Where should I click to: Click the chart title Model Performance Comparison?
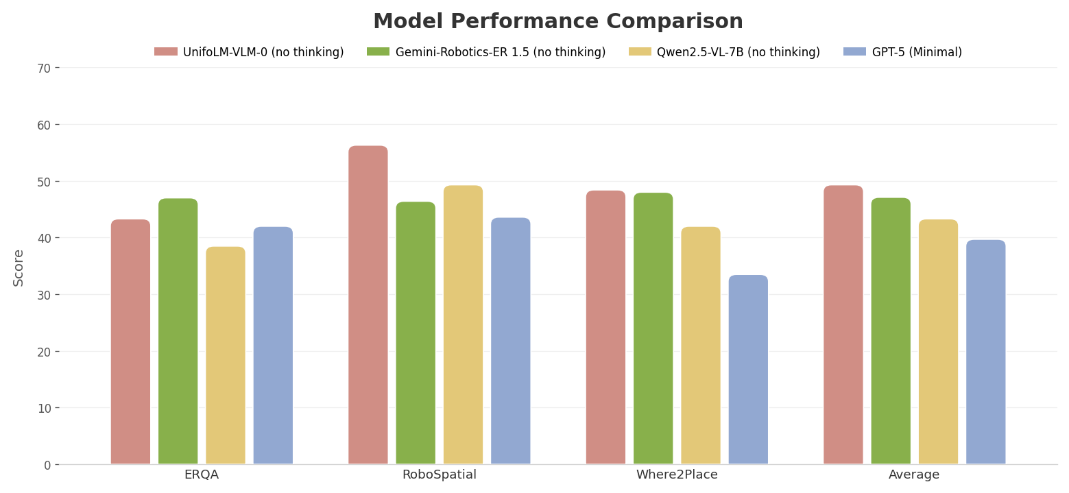tap(557, 22)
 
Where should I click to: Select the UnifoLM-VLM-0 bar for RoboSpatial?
tap(368, 305)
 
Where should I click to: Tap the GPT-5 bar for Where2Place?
tap(748, 370)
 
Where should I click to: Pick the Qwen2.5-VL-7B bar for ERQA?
tap(226, 355)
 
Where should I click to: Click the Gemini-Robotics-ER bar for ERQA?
tap(178, 331)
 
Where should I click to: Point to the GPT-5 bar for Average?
tap(985, 352)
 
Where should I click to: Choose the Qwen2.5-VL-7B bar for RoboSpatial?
tap(463, 324)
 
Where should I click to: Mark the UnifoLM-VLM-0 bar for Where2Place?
tap(605, 327)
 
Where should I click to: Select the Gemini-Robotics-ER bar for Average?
tap(891, 331)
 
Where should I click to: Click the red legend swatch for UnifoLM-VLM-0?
tap(166, 52)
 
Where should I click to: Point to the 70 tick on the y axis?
tap(43, 68)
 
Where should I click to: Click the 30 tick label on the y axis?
tap(43, 295)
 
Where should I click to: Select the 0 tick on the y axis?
tap(47, 465)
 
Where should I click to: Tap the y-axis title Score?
tap(19, 267)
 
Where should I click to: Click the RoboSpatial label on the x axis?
tap(439, 474)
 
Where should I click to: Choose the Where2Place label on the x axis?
tap(677, 474)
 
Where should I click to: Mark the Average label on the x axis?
tap(914, 474)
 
